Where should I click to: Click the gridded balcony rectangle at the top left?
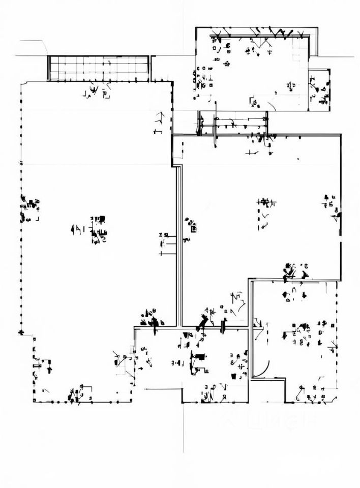coord(99,68)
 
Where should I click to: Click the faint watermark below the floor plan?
coord(275,420)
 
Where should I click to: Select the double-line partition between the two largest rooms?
coord(179,244)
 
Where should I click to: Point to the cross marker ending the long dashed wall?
coord(21,332)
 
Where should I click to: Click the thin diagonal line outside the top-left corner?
coord(44,47)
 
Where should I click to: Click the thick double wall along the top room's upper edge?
coord(254,35)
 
